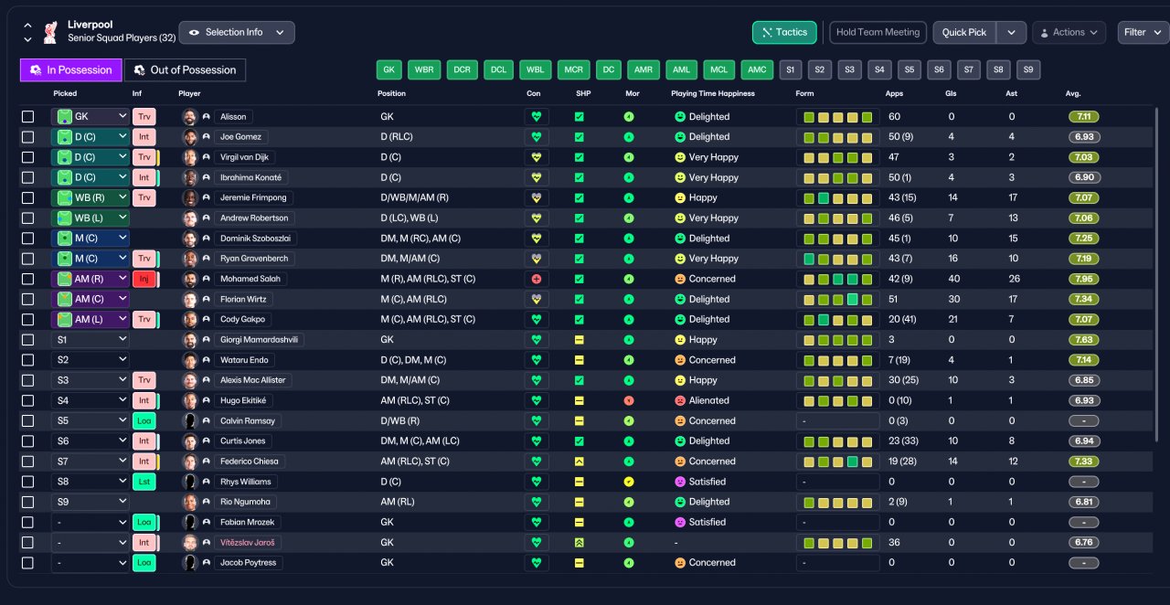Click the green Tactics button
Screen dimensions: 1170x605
[x=784, y=32]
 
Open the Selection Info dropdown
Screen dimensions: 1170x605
[x=237, y=32]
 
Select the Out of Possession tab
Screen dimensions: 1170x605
[x=185, y=70]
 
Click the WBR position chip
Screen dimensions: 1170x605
[x=424, y=69]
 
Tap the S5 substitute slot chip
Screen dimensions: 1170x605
[x=909, y=69]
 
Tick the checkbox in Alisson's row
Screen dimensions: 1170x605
[x=27, y=116]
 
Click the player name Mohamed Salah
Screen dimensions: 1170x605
[x=250, y=279]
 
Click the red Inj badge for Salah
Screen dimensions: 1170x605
[x=144, y=279]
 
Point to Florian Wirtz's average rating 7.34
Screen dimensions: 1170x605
[x=1083, y=300]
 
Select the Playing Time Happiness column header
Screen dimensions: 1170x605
[x=712, y=93]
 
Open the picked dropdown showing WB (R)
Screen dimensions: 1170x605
[x=90, y=197]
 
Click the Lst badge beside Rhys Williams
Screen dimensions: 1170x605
[x=144, y=482]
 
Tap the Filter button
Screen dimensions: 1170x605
[x=1142, y=32]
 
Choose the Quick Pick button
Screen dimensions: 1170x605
[x=964, y=32]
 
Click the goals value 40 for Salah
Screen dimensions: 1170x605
[x=953, y=279]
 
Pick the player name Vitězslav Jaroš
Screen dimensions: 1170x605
[x=247, y=542]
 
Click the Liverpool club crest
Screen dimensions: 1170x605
[x=50, y=32]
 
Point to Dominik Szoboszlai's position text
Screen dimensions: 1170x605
[x=420, y=239]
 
